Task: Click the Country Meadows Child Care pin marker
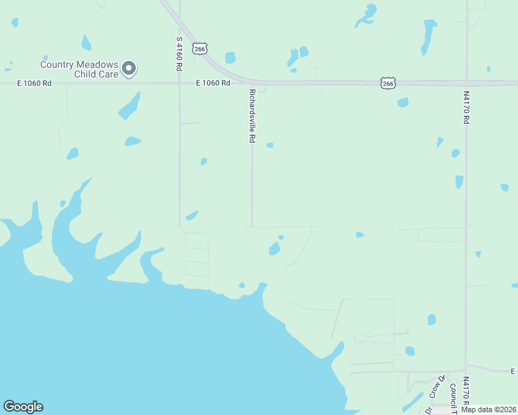point(129,68)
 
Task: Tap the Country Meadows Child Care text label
point(79,69)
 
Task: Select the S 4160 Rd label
point(179,54)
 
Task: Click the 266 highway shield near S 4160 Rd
point(199,48)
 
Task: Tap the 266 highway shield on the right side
point(388,83)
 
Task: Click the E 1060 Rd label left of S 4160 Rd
point(35,83)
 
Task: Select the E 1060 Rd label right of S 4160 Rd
point(213,83)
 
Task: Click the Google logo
point(23,407)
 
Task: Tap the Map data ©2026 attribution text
point(488,409)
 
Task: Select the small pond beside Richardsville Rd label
point(270,145)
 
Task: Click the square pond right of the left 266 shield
point(230,57)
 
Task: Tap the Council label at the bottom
point(452,394)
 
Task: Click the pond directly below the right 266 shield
point(402,103)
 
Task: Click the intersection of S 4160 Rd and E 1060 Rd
point(179,83)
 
